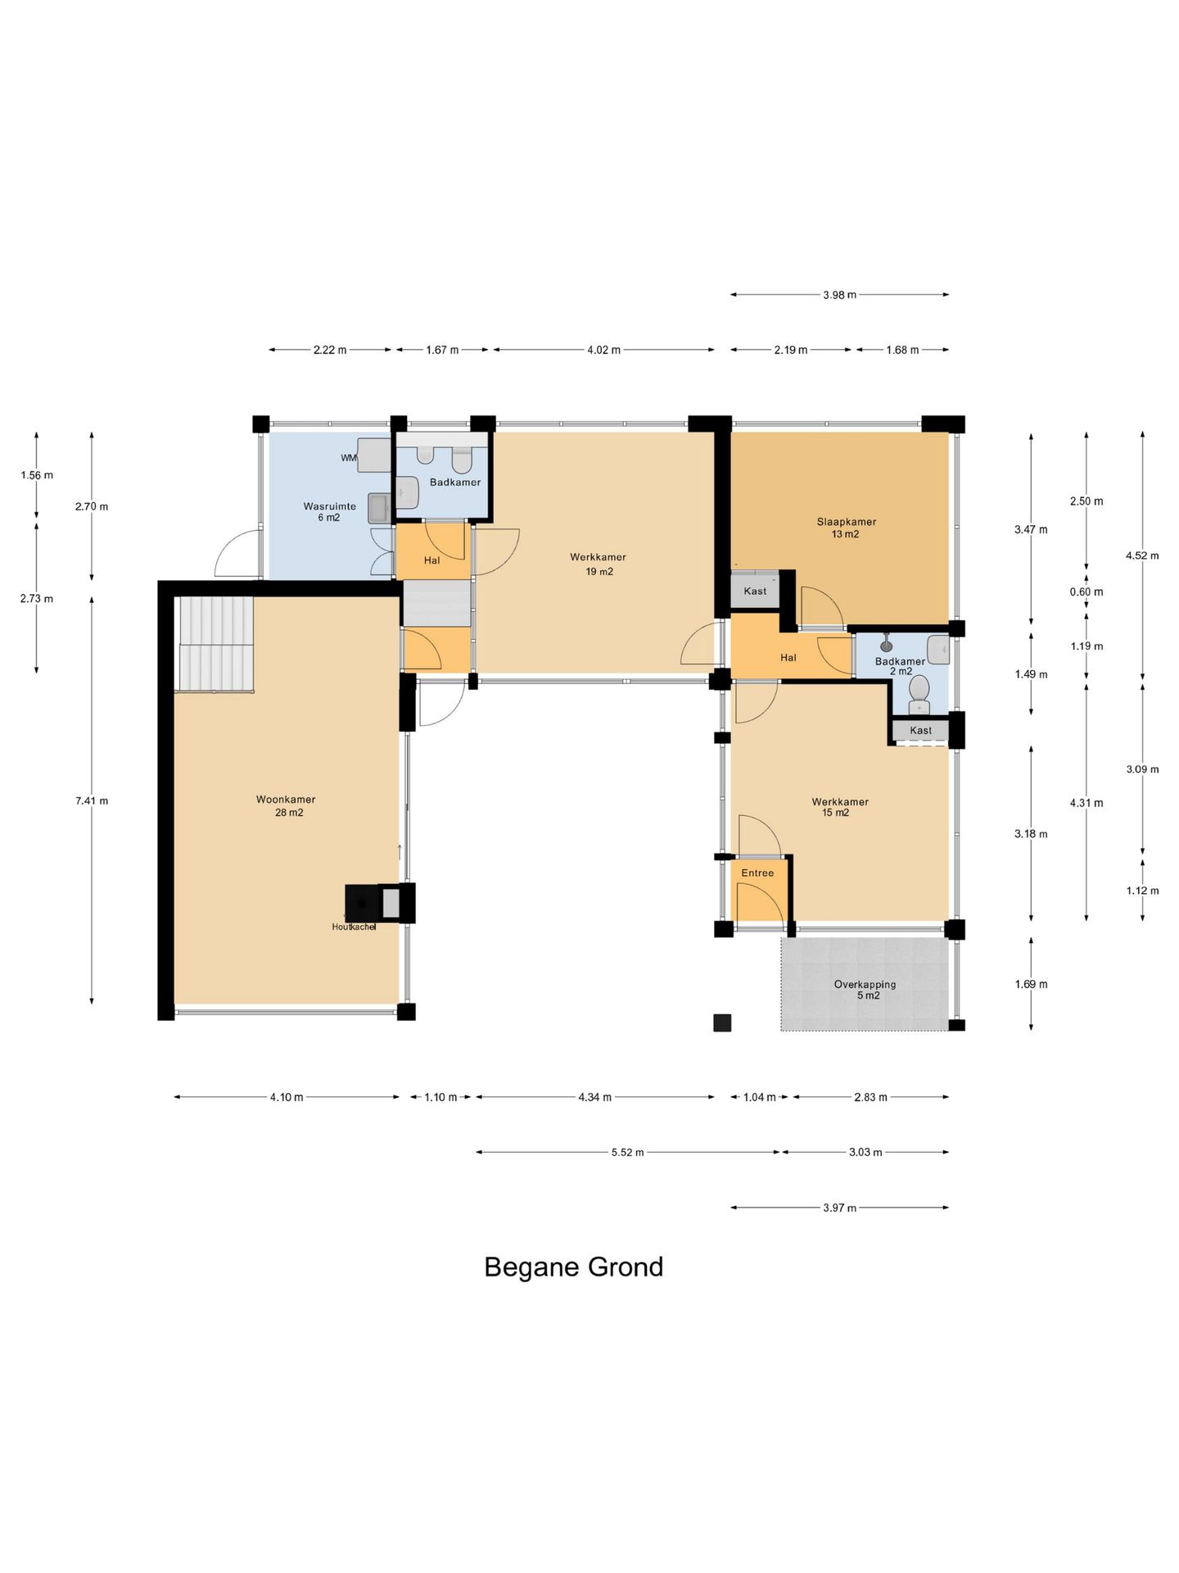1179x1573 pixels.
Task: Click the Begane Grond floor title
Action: [573, 1267]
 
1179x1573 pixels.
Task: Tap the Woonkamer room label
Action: [286, 800]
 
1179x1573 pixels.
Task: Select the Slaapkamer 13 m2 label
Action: [846, 528]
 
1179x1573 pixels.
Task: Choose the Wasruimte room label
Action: [329, 506]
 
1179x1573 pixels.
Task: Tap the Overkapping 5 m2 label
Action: [865, 990]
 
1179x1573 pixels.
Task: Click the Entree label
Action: [757, 873]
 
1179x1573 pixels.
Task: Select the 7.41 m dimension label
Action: [92, 800]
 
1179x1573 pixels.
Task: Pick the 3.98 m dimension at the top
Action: [840, 294]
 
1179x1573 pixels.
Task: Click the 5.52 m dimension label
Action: [628, 1152]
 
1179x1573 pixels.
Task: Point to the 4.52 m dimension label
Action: [1142, 555]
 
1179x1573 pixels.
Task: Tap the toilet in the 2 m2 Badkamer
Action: [919, 694]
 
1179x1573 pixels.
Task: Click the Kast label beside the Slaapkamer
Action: [755, 591]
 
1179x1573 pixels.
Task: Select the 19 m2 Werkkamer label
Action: [599, 564]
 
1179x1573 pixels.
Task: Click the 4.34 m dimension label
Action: [595, 1097]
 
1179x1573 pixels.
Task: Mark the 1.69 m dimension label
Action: [1031, 984]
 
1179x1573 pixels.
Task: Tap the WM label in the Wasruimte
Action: [349, 458]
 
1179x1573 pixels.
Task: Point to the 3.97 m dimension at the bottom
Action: [840, 1208]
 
